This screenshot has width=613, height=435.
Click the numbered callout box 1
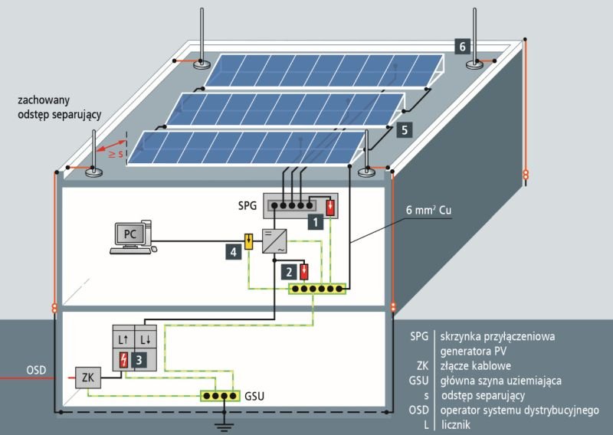pos(316,222)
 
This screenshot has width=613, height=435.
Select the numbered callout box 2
pos(290,272)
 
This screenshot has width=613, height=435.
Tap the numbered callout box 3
pos(139,360)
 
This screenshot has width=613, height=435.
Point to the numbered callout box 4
pos(234,252)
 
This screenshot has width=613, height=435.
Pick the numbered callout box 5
pos(405,129)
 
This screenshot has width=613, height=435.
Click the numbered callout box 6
pos(462,47)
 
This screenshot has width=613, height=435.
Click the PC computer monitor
pos(129,234)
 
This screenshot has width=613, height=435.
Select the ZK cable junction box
pos(88,378)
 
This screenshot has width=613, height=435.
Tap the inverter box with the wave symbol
pos(274,241)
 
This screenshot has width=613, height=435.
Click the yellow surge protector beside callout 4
pos(248,241)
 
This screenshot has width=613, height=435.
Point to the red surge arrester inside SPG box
pos(330,207)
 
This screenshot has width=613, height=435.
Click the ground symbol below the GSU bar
pos(224,424)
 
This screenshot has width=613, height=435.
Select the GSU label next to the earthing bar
pos(254,396)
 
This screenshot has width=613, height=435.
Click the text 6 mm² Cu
pos(428,210)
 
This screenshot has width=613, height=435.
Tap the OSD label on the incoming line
pos(36,370)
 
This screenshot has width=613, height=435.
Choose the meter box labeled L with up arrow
pos(123,339)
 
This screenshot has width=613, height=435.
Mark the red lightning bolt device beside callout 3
pos(123,360)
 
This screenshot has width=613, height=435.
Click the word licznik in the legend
pos(456,424)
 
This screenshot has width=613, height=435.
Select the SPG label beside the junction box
pos(247,205)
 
